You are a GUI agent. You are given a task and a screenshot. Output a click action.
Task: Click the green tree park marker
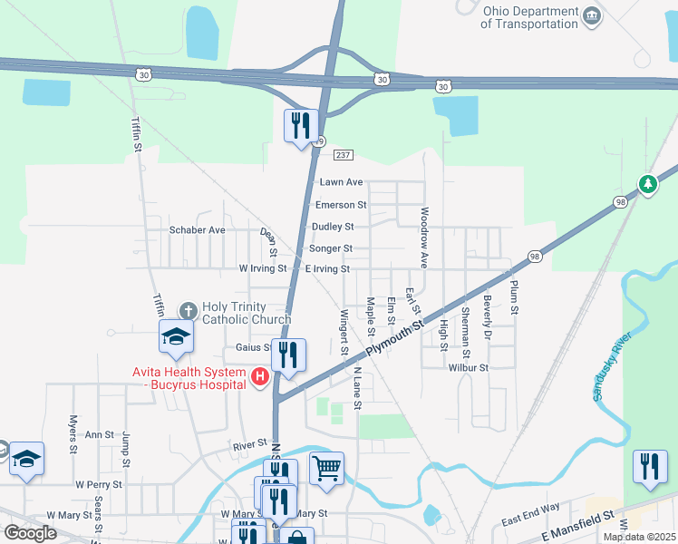pyautogui.click(x=647, y=184)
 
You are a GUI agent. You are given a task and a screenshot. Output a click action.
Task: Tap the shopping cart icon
pyautogui.click(x=326, y=470)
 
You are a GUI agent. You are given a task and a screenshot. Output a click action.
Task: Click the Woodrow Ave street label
pyautogui.click(x=423, y=238)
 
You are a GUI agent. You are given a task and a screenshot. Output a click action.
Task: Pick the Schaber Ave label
pyautogui.click(x=197, y=230)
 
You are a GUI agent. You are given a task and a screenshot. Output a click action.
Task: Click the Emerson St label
pyautogui.click(x=341, y=205)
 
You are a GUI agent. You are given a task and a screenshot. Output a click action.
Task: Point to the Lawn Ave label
pyautogui.click(x=341, y=182)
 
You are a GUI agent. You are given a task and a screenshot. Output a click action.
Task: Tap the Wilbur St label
pyautogui.click(x=468, y=368)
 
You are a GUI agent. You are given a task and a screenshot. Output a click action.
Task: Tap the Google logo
pyautogui.click(x=30, y=533)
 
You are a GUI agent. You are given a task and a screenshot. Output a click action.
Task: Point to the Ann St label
pyautogui.click(x=99, y=435)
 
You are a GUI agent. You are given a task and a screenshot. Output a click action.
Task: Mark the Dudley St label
pyautogui.click(x=332, y=227)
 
